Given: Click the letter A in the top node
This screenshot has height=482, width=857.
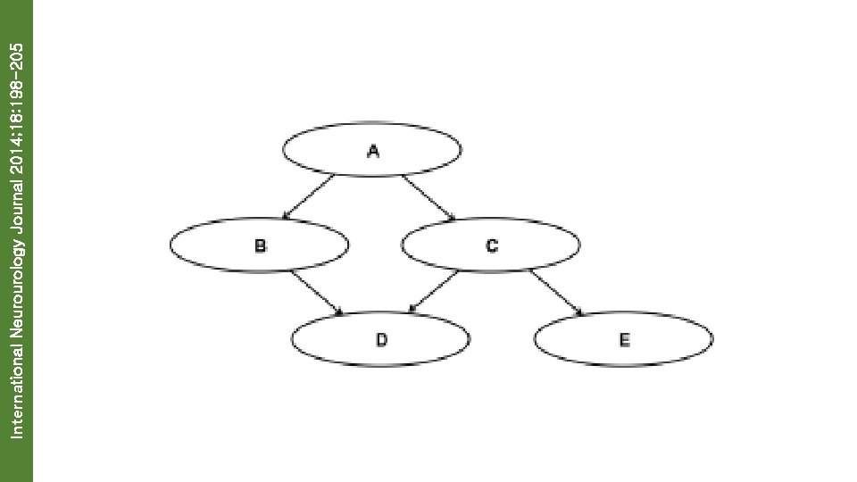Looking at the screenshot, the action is pyautogui.click(x=373, y=151).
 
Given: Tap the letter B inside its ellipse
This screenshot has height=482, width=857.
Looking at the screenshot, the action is pyautogui.click(x=260, y=245).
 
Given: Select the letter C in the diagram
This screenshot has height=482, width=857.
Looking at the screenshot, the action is pyautogui.click(x=492, y=245).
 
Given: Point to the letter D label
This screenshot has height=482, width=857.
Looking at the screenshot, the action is pyautogui.click(x=381, y=339).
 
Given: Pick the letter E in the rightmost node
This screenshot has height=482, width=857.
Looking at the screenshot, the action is pyautogui.click(x=624, y=339).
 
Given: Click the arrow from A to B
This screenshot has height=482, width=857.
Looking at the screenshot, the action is pyautogui.click(x=308, y=196).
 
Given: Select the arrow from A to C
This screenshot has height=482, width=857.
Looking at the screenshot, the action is pyautogui.click(x=429, y=196).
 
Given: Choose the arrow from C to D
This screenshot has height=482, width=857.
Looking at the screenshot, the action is pyautogui.click(x=434, y=291).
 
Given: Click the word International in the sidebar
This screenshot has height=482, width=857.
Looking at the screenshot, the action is pyautogui.click(x=16, y=386).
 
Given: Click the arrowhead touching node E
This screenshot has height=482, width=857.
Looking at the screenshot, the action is pyautogui.click(x=579, y=313).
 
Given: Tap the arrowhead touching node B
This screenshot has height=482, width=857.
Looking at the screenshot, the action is pyautogui.click(x=285, y=216).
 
